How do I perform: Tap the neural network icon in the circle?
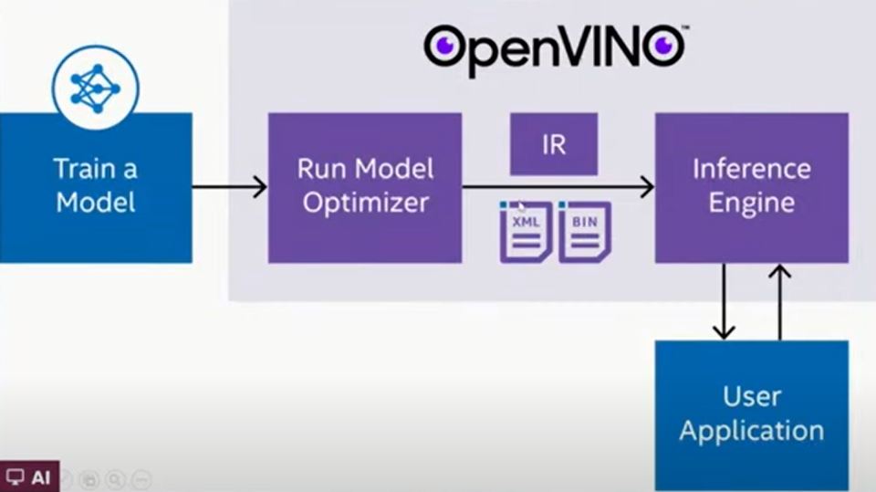[x=96, y=89]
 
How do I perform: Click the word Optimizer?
[x=366, y=204]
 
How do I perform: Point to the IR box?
[x=554, y=144]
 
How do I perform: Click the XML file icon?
[x=526, y=232]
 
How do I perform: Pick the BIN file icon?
[x=584, y=232]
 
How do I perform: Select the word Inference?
[x=751, y=169]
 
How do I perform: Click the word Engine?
[x=751, y=204]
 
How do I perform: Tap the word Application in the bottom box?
[x=751, y=432]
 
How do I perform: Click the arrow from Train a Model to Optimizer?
[x=230, y=187]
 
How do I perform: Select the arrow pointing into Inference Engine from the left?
[x=558, y=187]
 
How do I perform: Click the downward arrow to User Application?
[x=724, y=302]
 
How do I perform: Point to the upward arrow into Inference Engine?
[x=779, y=302]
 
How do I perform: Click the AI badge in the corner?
[x=29, y=476]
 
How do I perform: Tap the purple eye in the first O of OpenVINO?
[x=445, y=45]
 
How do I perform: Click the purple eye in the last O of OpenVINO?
[x=663, y=45]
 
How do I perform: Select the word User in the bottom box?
[x=751, y=396]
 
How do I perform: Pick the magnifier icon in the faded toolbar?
[x=115, y=480]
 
